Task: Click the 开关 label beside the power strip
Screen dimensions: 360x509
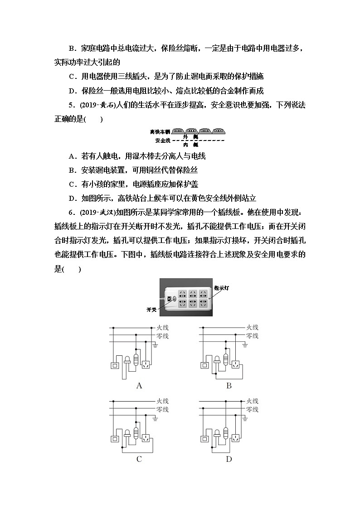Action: [x=151, y=310]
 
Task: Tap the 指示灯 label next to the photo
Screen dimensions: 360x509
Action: [x=222, y=288]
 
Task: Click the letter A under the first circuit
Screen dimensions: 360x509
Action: [x=139, y=386]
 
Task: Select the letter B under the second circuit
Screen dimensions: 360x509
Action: [x=229, y=386]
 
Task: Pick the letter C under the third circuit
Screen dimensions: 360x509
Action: [x=139, y=459]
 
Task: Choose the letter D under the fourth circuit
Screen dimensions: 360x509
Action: [x=229, y=459]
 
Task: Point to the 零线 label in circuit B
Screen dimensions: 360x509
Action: [x=252, y=336]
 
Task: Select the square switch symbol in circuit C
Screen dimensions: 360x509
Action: [x=115, y=438]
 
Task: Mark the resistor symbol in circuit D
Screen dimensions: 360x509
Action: [x=226, y=432]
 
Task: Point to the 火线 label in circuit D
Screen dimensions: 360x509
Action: [x=252, y=401]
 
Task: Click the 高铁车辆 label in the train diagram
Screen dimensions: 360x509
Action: [x=160, y=132]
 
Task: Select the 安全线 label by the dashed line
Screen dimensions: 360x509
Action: [x=162, y=141]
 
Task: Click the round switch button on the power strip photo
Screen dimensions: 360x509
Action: [x=175, y=299]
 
